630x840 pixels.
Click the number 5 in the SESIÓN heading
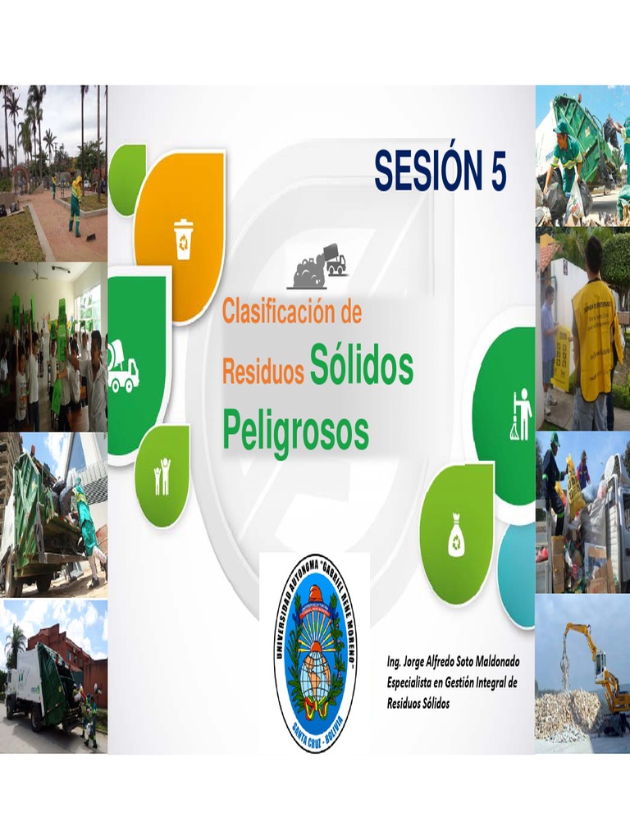pos(494,172)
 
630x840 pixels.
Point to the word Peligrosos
pos(295,429)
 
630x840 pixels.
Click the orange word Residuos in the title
pos(262,373)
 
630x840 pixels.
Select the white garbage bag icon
pos(456,540)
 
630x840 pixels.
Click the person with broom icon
pos(521,414)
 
